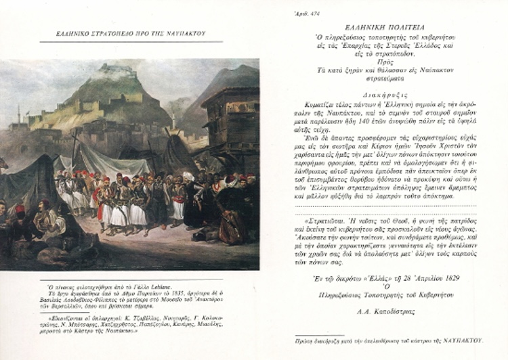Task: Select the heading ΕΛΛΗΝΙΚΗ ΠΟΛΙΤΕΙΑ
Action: [387, 23]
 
